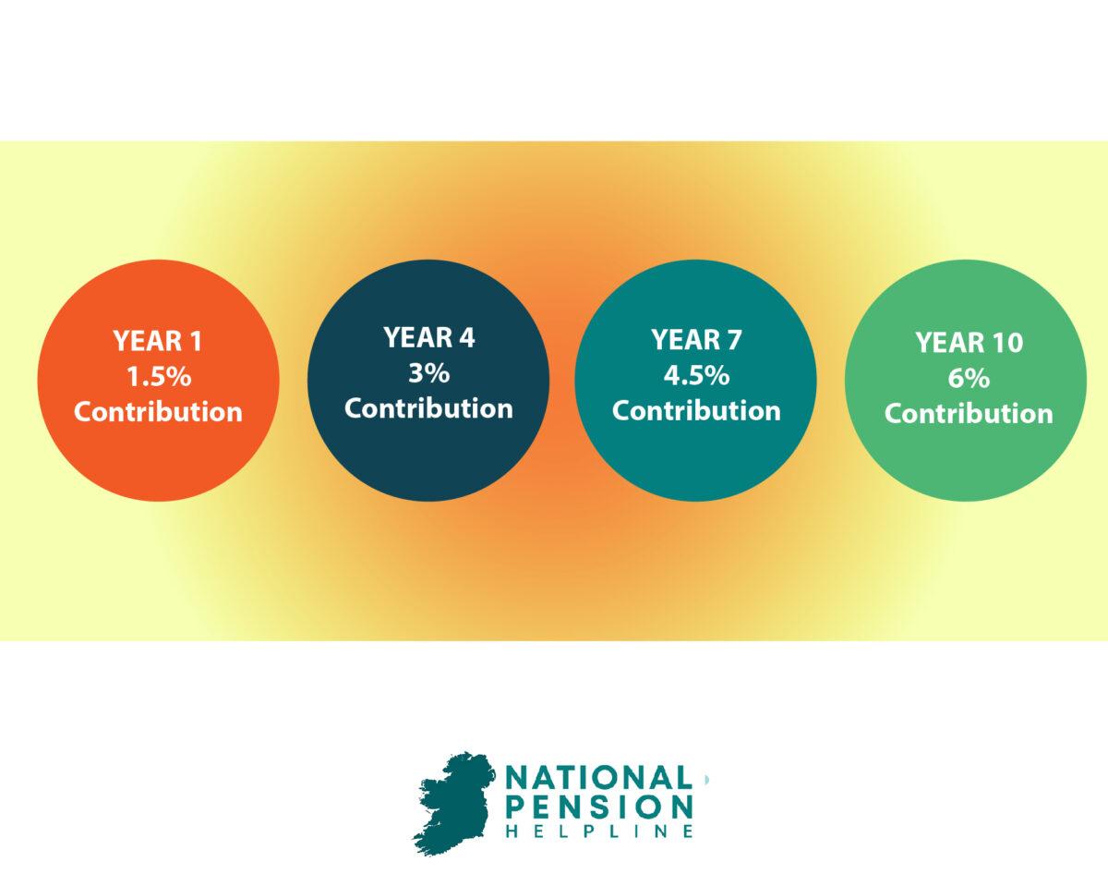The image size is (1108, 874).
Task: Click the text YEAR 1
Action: (x=158, y=342)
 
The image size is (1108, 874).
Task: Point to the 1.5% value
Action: (x=158, y=376)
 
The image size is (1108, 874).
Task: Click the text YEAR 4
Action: (x=428, y=338)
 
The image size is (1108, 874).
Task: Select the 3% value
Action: (x=428, y=373)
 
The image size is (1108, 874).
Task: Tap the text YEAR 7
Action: (x=695, y=340)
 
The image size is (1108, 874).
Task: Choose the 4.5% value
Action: (x=695, y=375)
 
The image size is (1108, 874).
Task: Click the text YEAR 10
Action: (x=969, y=343)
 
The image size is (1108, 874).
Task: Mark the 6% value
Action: (x=969, y=378)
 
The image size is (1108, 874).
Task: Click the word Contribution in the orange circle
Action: (x=158, y=411)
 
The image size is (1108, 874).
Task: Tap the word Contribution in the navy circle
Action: (x=428, y=407)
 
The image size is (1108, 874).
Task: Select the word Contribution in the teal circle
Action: (x=695, y=410)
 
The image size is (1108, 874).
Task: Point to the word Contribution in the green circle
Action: (x=969, y=413)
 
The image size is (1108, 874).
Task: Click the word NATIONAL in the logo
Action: (x=599, y=778)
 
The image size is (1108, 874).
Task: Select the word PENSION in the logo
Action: (x=599, y=806)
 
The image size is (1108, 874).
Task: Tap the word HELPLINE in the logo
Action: (x=599, y=832)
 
